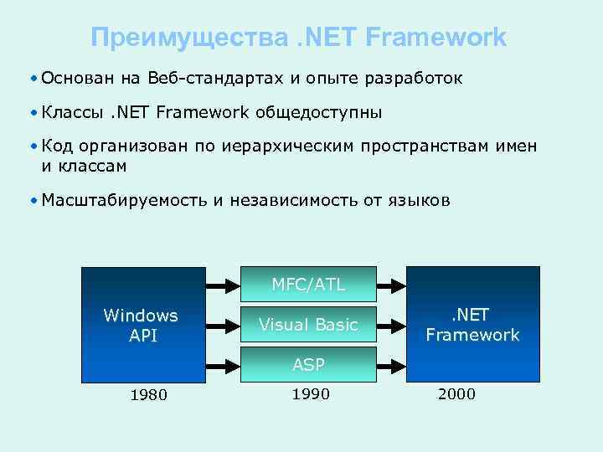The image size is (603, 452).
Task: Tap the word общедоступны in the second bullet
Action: tap(319, 112)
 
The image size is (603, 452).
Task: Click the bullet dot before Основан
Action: tap(31, 79)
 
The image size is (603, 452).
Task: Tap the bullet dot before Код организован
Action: tap(31, 147)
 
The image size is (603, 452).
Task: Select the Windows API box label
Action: tap(141, 325)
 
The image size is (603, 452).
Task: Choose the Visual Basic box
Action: tap(307, 325)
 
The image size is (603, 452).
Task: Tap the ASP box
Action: tap(307, 364)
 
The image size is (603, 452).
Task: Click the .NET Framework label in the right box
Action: tap(472, 325)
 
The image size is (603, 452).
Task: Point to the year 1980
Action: tap(148, 395)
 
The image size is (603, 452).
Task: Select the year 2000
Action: tap(456, 394)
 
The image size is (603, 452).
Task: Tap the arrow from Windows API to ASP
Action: tap(222, 364)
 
